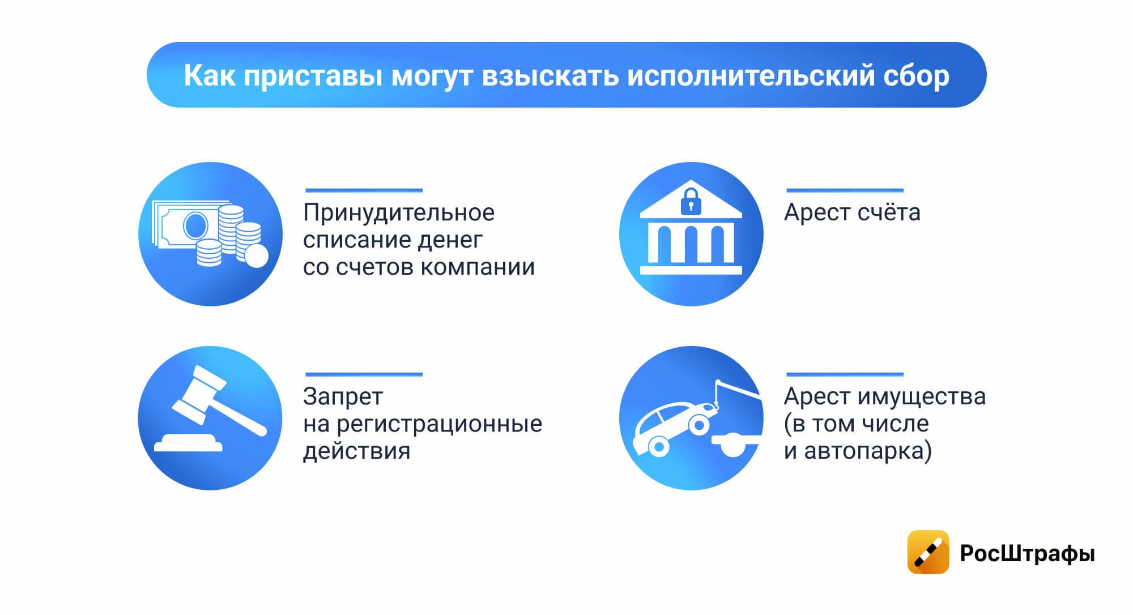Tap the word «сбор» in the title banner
click(x=916, y=76)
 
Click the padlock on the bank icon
click(x=691, y=202)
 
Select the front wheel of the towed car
click(x=699, y=424)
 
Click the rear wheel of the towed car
click(x=658, y=447)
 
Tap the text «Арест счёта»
click(x=852, y=212)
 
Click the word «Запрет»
click(x=343, y=397)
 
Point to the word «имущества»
click(x=921, y=397)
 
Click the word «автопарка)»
click(x=868, y=451)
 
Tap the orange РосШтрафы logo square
click(x=928, y=552)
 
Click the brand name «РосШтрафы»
click(x=1027, y=553)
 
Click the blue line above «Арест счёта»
click(x=845, y=190)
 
